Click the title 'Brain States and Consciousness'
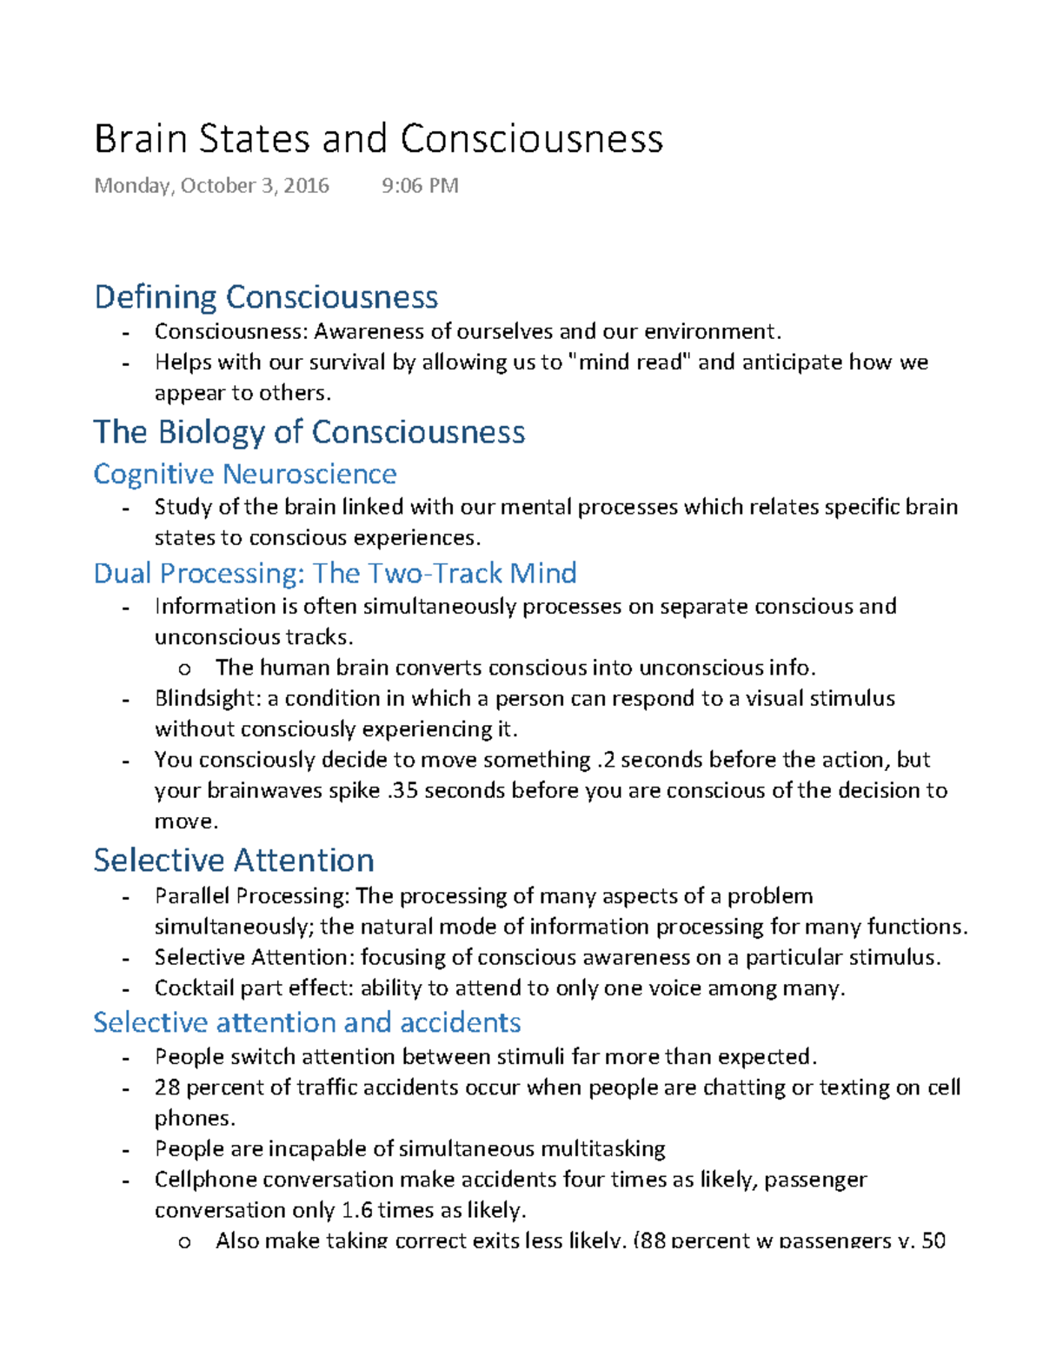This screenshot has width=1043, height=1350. pyautogui.click(x=378, y=139)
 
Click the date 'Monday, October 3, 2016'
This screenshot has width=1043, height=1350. pyautogui.click(x=211, y=185)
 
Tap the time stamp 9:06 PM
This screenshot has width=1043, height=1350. pyautogui.click(x=420, y=185)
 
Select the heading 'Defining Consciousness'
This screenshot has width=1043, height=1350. pyautogui.click(x=266, y=297)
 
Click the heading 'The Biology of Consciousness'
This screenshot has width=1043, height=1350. pyautogui.click(x=309, y=432)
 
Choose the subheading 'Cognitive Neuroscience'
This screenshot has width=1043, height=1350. pyautogui.click(x=245, y=474)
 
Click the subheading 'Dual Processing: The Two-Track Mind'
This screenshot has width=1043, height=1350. pyautogui.click(x=335, y=573)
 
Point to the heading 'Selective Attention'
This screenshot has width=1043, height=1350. pyautogui.click(x=234, y=860)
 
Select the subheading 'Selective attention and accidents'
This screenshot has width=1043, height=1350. pyautogui.click(x=307, y=1021)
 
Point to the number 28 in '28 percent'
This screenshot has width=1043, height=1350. pyautogui.click(x=167, y=1087)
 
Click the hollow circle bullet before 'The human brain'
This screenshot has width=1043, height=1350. pyautogui.click(x=183, y=668)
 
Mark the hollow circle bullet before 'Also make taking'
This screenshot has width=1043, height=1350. pyautogui.click(x=183, y=1241)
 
